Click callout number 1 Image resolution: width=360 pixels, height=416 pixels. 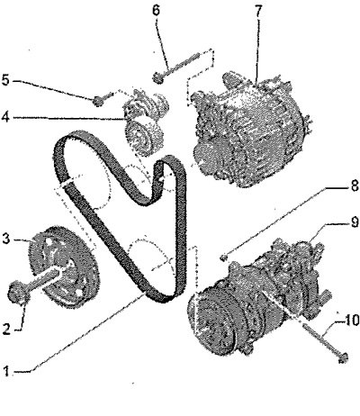pos(6,371)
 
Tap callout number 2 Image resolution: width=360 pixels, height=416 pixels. pos(6,330)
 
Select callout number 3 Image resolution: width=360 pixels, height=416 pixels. pos(6,240)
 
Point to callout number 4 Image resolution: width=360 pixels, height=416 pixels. pos(6,117)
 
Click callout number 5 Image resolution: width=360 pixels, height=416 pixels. pos(6,80)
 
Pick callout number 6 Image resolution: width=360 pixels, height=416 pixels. pos(157,11)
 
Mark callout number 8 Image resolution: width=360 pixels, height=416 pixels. pos(355,185)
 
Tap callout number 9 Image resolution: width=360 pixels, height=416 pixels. pos(355,222)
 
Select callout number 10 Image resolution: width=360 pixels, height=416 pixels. pos(351,321)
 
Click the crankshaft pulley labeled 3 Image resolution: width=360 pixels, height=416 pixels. pos(64,267)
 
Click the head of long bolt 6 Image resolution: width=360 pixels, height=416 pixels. pos(157,77)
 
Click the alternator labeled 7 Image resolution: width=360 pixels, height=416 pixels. pos(249,129)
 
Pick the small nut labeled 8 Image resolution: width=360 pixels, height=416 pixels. pos(223,257)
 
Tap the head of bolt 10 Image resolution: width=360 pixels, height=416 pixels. pos(343,357)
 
